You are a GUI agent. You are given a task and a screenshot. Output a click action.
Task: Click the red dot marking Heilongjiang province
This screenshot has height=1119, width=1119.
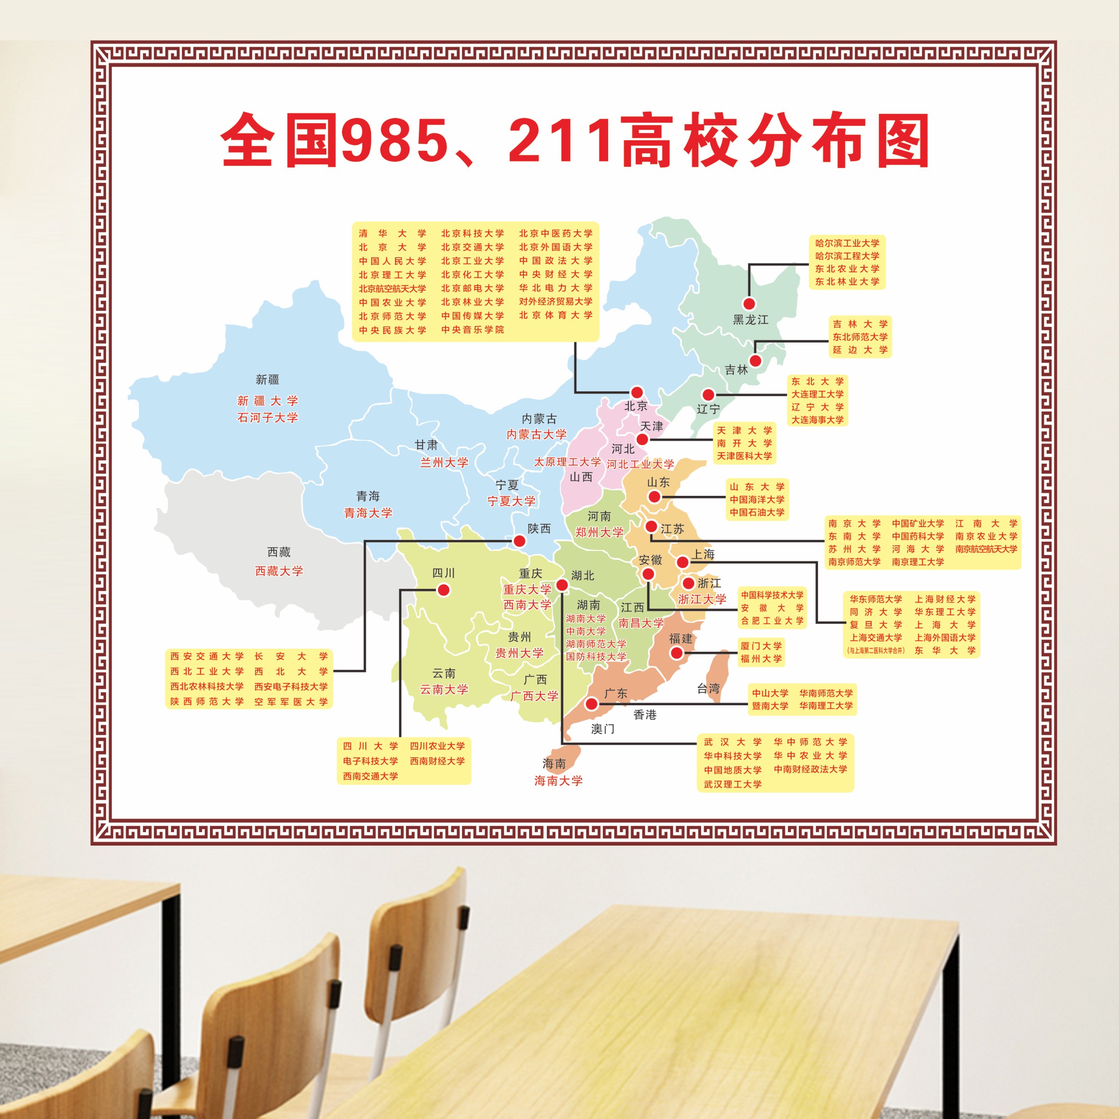tap(749, 304)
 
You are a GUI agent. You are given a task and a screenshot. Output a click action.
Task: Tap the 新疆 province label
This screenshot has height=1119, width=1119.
tap(268, 379)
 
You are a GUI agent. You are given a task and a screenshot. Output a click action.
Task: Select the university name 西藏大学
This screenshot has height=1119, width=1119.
tap(279, 571)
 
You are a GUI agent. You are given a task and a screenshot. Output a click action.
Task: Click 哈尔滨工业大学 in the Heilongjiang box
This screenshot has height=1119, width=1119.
tap(847, 243)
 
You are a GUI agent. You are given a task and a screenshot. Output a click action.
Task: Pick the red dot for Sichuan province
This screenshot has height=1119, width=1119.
tap(444, 589)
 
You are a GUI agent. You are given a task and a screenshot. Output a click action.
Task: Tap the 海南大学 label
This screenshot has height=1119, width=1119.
tap(558, 781)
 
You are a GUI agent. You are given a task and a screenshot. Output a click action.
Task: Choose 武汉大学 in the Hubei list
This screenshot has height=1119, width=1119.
tap(733, 742)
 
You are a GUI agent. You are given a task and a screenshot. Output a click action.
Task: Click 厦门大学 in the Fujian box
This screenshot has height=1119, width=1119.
tap(760, 646)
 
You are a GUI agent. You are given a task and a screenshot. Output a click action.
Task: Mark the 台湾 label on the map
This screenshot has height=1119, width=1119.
tap(708, 689)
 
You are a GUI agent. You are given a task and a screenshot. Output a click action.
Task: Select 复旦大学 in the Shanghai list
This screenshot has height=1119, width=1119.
tap(876, 625)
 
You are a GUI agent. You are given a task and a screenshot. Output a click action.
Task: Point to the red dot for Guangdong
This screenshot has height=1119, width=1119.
tap(591, 704)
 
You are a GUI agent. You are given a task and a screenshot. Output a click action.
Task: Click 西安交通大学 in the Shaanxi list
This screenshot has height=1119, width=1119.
tap(207, 656)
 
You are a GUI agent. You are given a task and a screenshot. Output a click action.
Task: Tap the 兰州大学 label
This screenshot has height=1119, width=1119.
tap(444, 462)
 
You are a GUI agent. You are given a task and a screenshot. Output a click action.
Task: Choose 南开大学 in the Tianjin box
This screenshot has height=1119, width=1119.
tap(744, 443)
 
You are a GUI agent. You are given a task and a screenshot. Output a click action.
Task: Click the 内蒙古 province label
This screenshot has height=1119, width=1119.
tap(538, 418)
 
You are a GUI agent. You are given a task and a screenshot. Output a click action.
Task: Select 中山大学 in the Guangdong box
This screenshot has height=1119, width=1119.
tap(770, 693)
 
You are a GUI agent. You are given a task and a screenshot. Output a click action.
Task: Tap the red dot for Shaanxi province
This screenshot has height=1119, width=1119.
tap(520, 541)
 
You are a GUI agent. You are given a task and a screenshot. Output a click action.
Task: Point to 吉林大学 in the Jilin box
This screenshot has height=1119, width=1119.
tap(860, 324)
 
